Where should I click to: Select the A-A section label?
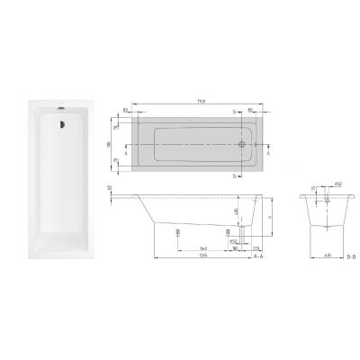point(257,256)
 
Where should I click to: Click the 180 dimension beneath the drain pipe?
point(235,244)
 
